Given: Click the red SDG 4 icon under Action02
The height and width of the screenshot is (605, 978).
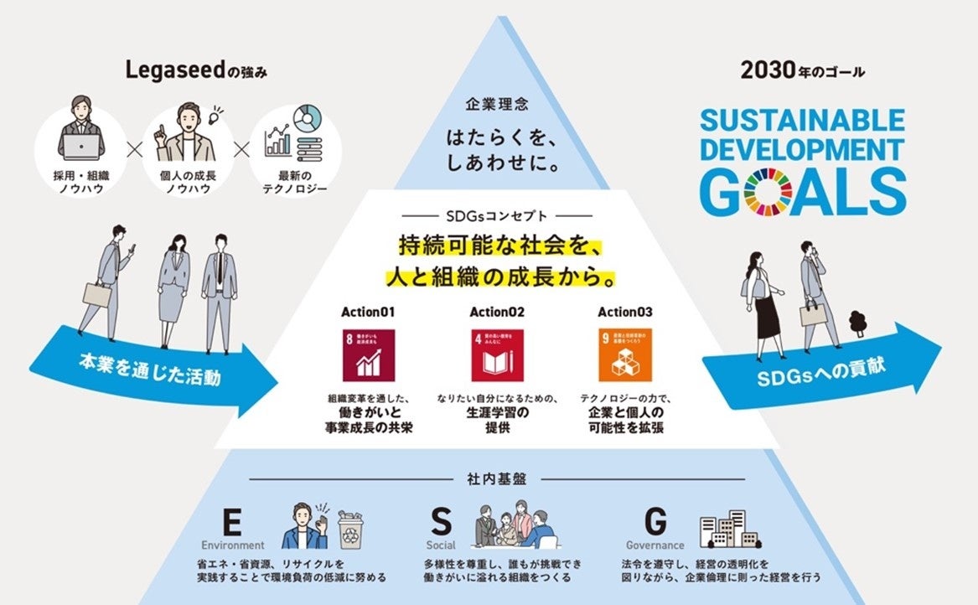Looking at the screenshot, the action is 491,355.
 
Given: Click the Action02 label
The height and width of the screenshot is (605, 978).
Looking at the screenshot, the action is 496,312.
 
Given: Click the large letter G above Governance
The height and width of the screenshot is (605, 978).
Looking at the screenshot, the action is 655,522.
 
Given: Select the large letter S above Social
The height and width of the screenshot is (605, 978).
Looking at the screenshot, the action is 441,522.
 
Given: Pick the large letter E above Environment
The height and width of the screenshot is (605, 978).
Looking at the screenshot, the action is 233,522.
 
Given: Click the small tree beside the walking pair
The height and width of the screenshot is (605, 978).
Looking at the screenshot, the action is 856,322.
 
